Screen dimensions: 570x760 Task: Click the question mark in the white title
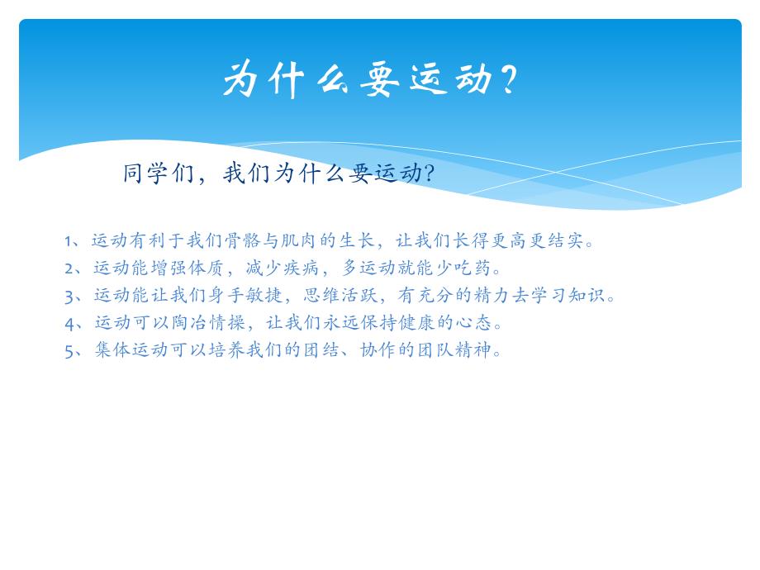[508, 81]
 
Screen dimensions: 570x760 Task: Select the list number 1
[69, 241]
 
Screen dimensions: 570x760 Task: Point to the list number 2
[69, 268]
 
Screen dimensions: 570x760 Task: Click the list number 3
[69, 296]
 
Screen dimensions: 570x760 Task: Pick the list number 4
[69, 323]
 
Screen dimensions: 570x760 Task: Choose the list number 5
[69, 350]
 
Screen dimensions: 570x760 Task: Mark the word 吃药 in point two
[472, 268]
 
